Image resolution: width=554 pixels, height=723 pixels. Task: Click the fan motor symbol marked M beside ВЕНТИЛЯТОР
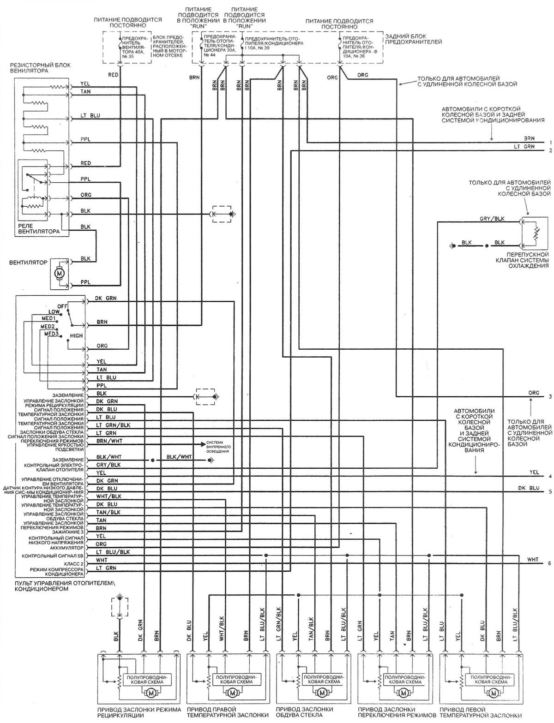pyautogui.click(x=59, y=273)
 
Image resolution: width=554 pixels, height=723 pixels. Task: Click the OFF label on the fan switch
pyautogui.click(x=62, y=306)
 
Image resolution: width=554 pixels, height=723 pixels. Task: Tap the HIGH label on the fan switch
pyautogui.click(x=76, y=335)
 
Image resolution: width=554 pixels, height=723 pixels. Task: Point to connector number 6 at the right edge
pyautogui.click(x=549, y=563)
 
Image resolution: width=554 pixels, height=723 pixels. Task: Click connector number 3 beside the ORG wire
pyautogui.click(x=550, y=397)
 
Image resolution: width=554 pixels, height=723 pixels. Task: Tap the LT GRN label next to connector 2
pyautogui.click(x=524, y=146)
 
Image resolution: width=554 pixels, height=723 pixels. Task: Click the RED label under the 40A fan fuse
pyautogui.click(x=114, y=74)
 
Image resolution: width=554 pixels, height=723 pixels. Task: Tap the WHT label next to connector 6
pyautogui.click(x=532, y=559)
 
